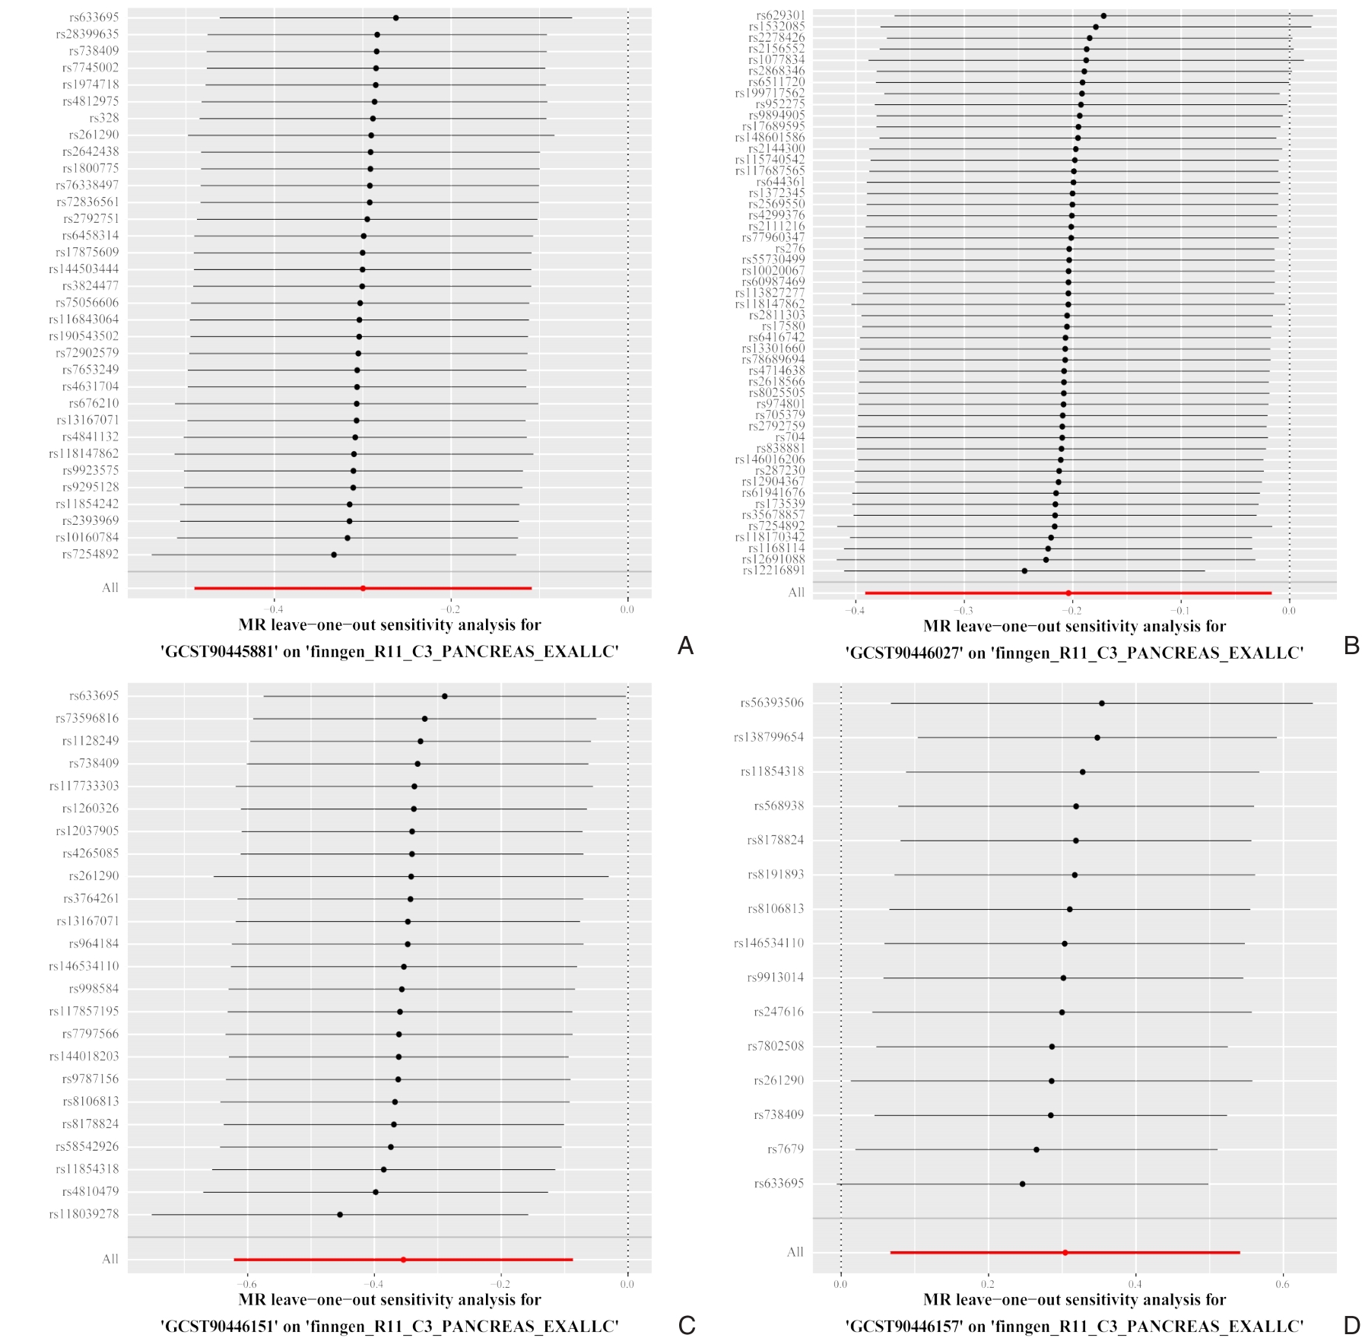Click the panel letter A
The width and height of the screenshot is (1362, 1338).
685,646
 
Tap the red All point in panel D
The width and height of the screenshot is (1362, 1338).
1065,1252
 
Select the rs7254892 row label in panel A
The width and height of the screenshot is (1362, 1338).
90,555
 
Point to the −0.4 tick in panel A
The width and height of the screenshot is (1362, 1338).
274,609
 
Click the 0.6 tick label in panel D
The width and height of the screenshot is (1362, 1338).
1283,1284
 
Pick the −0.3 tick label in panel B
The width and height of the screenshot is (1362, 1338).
963,611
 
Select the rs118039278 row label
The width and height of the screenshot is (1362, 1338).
84,1214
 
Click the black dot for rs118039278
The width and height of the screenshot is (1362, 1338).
340,1215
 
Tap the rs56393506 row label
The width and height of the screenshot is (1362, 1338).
771,703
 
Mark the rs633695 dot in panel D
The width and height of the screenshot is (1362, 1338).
1022,1184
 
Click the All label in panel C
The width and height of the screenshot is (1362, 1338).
110,1259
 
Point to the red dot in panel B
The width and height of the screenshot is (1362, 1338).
1068,593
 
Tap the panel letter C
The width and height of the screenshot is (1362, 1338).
686,1325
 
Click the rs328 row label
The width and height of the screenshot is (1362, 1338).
104,118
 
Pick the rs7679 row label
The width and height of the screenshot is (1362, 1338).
785,1149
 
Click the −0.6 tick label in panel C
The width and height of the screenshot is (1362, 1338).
247,1284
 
